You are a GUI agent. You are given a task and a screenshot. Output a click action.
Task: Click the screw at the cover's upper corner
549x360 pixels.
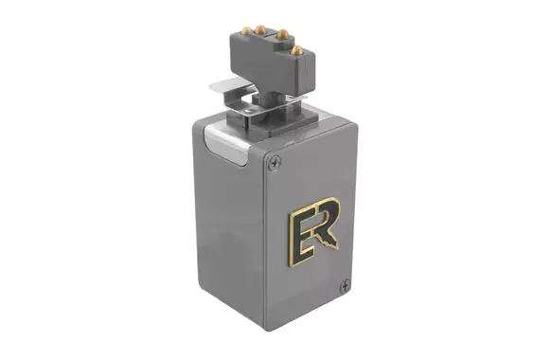tap(274, 163)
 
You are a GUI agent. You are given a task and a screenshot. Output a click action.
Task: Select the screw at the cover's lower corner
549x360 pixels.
tap(345, 286)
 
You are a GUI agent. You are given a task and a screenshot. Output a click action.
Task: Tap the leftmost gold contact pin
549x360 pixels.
tap(246, 31)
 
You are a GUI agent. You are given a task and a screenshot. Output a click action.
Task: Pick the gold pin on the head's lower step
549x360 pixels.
tap(297, 50)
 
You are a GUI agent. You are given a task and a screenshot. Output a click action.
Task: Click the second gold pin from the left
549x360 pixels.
tap(259, 29)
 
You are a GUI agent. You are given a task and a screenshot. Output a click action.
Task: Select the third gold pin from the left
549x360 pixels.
tap(282, 34)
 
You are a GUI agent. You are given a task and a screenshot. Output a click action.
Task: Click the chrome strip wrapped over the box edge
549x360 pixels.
tap(226, 143)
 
